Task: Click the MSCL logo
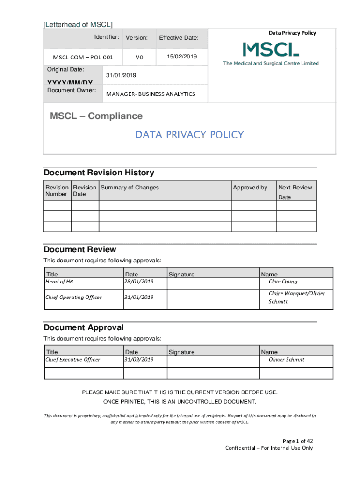coord(271,53)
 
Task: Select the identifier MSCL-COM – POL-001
coord(83,58)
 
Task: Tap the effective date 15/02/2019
coord(181,57)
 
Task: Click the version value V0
coord(139,58)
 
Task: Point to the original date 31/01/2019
coord(121,75)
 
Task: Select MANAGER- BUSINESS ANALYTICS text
coord(151,94)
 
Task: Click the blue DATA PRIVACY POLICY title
coord(189,135)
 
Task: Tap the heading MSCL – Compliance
coord(96,116)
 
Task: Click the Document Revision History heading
coord(99,173)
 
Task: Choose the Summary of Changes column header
coord(130,188)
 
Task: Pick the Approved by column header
coord(250,188)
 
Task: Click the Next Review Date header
coord(295,192)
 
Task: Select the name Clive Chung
coord(283,282)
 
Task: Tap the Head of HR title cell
coord(59,282)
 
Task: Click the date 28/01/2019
coord(138,282)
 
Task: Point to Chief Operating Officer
coord(73,297)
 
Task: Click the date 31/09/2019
coord(138,360)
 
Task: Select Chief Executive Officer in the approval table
coord(72,360)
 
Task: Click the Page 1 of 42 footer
coord(298,441)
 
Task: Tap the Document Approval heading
coord(84,327)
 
